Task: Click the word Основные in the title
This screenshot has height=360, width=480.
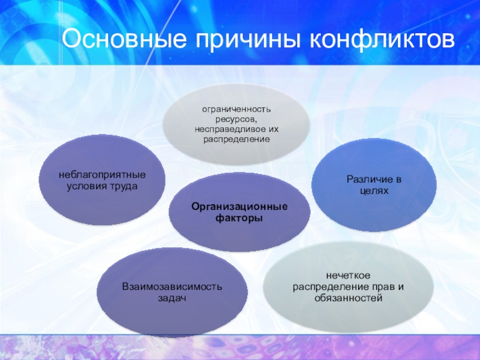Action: (124, 39)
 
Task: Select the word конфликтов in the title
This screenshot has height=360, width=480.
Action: (382, 39)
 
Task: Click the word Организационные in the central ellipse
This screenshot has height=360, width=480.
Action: (239, 206)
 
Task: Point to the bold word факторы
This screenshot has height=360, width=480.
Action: (239, 218)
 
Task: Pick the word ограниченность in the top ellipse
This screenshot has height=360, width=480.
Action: (236, 109)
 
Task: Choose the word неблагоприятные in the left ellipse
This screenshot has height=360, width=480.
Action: (102, 175)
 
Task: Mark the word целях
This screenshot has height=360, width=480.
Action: (374, 191)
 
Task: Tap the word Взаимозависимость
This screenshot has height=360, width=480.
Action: (172, 287)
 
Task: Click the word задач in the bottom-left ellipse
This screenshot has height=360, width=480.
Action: (172, 298)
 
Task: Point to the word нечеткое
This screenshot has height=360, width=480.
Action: (349, 275)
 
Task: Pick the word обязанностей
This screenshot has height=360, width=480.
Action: (349, 298)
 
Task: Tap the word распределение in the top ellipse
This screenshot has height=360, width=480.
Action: (237, 140)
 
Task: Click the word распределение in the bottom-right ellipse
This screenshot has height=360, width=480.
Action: (331, 287)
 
